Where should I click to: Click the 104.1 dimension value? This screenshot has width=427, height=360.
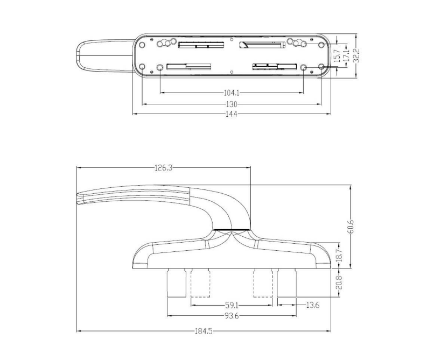pyautogui.click(x=231, y=93)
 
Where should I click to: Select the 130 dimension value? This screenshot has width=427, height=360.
pyautogui.click(x=232, y=104)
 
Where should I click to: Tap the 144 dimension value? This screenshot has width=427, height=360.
pyautogui.click(x=232, y=114)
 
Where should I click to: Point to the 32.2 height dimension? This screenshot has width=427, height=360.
pyautogui.click(x=356, y=55)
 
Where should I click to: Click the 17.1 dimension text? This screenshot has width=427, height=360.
pyautogui.click(x=346, y=55)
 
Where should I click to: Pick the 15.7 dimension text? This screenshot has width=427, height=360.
pyautogui.click(x=337, y=55)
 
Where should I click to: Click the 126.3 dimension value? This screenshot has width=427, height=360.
pyautogui.click(x=163, y=168)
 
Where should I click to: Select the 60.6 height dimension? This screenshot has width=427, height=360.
pyautogui.click(x=351, y=227)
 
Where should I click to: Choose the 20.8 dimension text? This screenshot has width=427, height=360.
pyautogui.click(x=339, y=283)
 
